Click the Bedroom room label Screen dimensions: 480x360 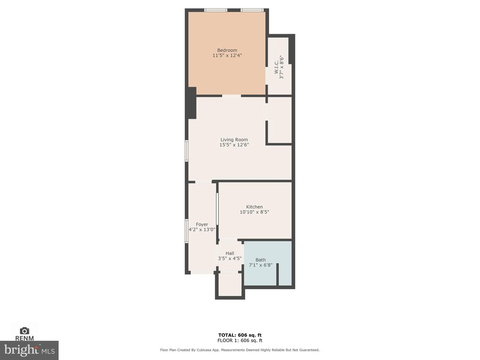(x=227, y=50)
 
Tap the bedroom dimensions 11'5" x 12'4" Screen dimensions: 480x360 (x=227, y=55)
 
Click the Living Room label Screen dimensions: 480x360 (x=234, y=140)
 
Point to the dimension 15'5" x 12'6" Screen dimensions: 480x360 (x=234, y=145)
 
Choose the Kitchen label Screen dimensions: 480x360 (x=255, y=207)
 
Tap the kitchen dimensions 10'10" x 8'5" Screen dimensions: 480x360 (x=255, y=212)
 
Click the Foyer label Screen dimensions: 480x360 (x=202, y=225)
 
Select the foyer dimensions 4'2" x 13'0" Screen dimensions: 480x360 (x=202, y=230)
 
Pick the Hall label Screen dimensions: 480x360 (x=230, y=253)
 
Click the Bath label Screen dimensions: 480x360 (x=261, y=260)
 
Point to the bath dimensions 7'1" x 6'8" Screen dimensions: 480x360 (x=261, y=265)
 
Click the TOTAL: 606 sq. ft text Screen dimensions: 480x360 (x=240, y=335)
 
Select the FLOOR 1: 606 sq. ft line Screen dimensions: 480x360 (x=240, y=340)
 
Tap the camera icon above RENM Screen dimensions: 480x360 (x=24, y=330)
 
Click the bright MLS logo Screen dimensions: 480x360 (x=29, y=350)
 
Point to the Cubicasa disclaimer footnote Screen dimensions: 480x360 (x=240, y=350)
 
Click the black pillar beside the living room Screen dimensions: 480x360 (x=192, y=103)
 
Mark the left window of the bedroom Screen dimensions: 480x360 (x=216, y=10)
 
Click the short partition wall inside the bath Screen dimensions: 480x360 (x=277, y=275)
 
